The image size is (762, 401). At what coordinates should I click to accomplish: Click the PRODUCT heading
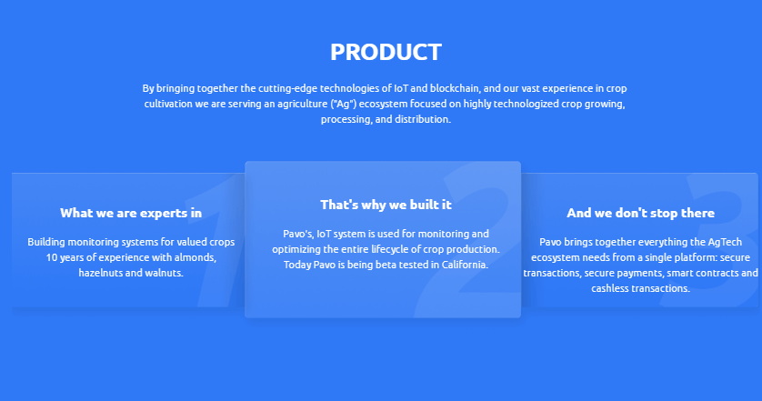(x=386, y=52)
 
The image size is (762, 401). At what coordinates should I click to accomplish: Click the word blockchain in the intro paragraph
(x=455, y=88)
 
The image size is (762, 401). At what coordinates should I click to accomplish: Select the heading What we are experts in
(x=131, y=213)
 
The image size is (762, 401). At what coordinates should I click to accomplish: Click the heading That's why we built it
(x=386, y=205)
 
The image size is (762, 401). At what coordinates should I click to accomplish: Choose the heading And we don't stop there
(x=640, y=213)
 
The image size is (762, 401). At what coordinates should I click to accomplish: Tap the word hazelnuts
(x=101, y=273)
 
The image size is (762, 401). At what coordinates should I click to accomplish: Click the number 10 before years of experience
(x=52, y=257)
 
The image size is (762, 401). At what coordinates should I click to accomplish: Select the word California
(x=465, y=265)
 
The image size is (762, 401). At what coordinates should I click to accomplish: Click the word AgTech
(x=725, y=242)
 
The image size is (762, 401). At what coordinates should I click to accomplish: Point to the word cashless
(x=610, y=288)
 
